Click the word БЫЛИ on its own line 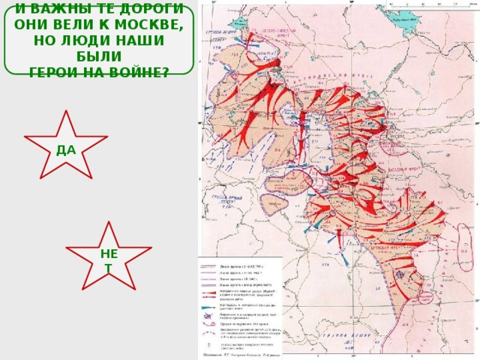click(98, 56)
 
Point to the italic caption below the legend click(240, 354)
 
